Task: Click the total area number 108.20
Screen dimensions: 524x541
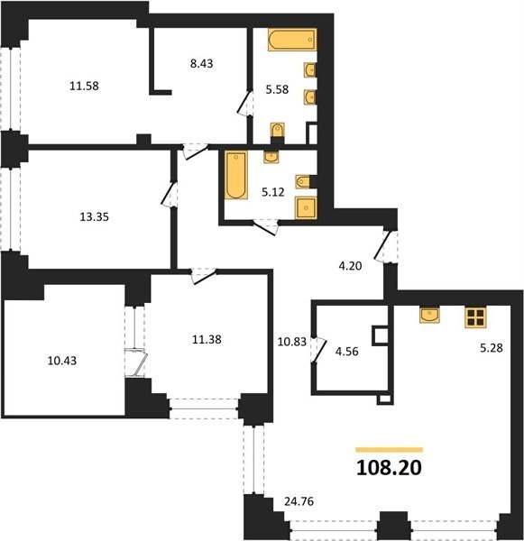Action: pyautogui.click(x=389, y=468)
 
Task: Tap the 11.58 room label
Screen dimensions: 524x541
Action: pyautogui.click(x=84, y=86)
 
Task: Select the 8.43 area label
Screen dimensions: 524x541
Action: pyautogui.click(x=202, y=63)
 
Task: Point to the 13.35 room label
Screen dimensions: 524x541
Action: pyautogui.click(x=94, y=217)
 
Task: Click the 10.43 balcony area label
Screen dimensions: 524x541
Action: pyautogui.click(x=62, y=361)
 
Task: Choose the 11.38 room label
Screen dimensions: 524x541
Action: pyautogui.click(x=207, y=340)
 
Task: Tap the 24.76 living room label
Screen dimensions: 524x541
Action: pyautogui.click(x=299, y=501)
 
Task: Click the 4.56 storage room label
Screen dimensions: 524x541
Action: pyautogui.click(x=347, y=352)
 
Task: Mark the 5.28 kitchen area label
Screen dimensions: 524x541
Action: pyautogui.click(x=492, y=348)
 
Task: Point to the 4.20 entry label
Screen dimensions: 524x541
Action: pyautogui.click(x=350, y=266)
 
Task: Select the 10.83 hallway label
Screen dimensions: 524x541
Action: pyautogui.click(x=292, y=342)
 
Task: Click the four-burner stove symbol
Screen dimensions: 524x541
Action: pyautogui.click(x=475, y=317)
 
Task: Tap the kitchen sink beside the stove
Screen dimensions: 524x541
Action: pyautogui.click(x=429, y=315)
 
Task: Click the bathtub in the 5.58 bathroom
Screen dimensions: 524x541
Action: pyautogui.click(x=292, y=40)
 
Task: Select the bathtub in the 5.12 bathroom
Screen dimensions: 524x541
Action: pyautogui.click(x=236, y=175)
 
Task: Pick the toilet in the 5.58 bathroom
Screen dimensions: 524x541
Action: pyautogui.click(x=277, y=131)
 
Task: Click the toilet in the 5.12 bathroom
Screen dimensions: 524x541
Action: pyautogui.click(x=303, y=181)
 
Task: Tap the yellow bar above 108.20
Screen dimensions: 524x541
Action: pyautogui.click(x=390, y=450)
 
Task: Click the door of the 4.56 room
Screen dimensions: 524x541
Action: pyautogui.click(x=319, y=350)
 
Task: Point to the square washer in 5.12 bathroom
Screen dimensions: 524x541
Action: pyautogui.click(x=305, y=207)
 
